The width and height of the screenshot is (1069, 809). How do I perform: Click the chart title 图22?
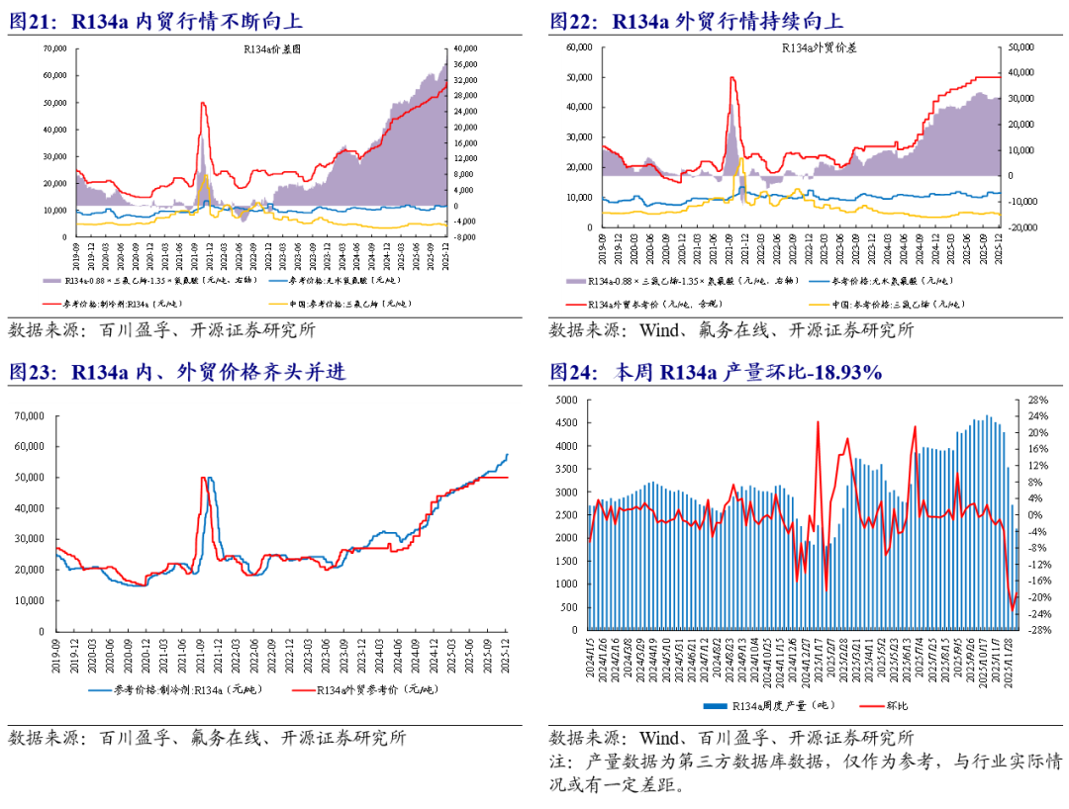tap(697, 21)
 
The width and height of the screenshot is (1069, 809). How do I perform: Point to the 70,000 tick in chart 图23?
tap(32, 416)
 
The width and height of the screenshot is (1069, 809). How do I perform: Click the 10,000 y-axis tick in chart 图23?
tap(32, 600)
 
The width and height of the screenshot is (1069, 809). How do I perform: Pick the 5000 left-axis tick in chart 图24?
tap(564, 400)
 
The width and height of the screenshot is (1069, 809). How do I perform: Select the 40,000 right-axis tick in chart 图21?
tap(465, 47)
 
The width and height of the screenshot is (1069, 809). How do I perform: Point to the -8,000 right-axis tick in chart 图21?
tap(465, 237)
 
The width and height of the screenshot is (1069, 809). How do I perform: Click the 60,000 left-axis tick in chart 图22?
tap(577, 46)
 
